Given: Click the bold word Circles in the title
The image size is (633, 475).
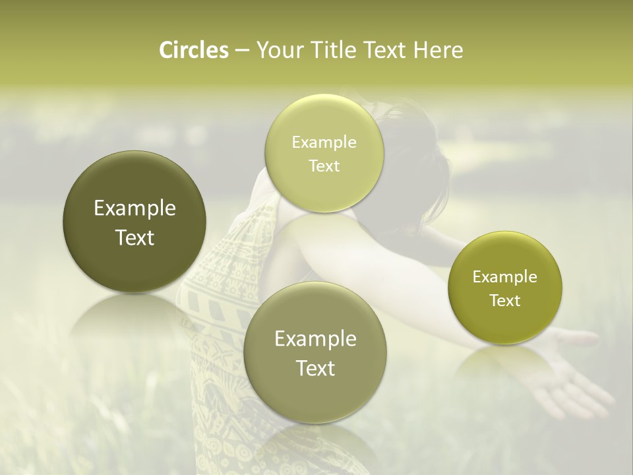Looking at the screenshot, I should pyautogui.click(x=194, y=50).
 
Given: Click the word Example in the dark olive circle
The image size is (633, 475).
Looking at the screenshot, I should pyautogui.click(x=135, y=208).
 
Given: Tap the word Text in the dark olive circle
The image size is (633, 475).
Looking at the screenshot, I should pyautogui.click(x=135, y=237).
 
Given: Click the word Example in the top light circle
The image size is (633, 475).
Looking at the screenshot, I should pyautogui.click(x=324, y=142).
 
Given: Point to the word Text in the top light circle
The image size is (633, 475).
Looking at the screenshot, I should pyautogui.click(x=324, y=166).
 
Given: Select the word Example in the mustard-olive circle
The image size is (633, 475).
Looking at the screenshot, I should pyautogui.click(x=504, y=277).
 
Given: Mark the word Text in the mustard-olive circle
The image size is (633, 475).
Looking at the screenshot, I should pyautogui.click(x=504, y=301).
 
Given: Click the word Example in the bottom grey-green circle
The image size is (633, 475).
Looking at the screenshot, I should pyautogui.click(x=316, y=339).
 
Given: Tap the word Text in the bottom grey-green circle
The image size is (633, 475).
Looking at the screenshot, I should pyautogui.click(x=316, y=368).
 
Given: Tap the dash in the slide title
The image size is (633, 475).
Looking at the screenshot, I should pyautogui.click(x=241, y=51).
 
